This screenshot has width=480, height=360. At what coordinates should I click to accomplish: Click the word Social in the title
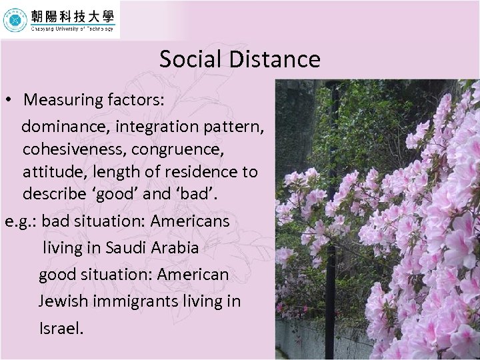(x=189, y=59)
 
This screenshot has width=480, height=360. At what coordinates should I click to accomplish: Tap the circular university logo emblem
(x=15, y=20)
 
